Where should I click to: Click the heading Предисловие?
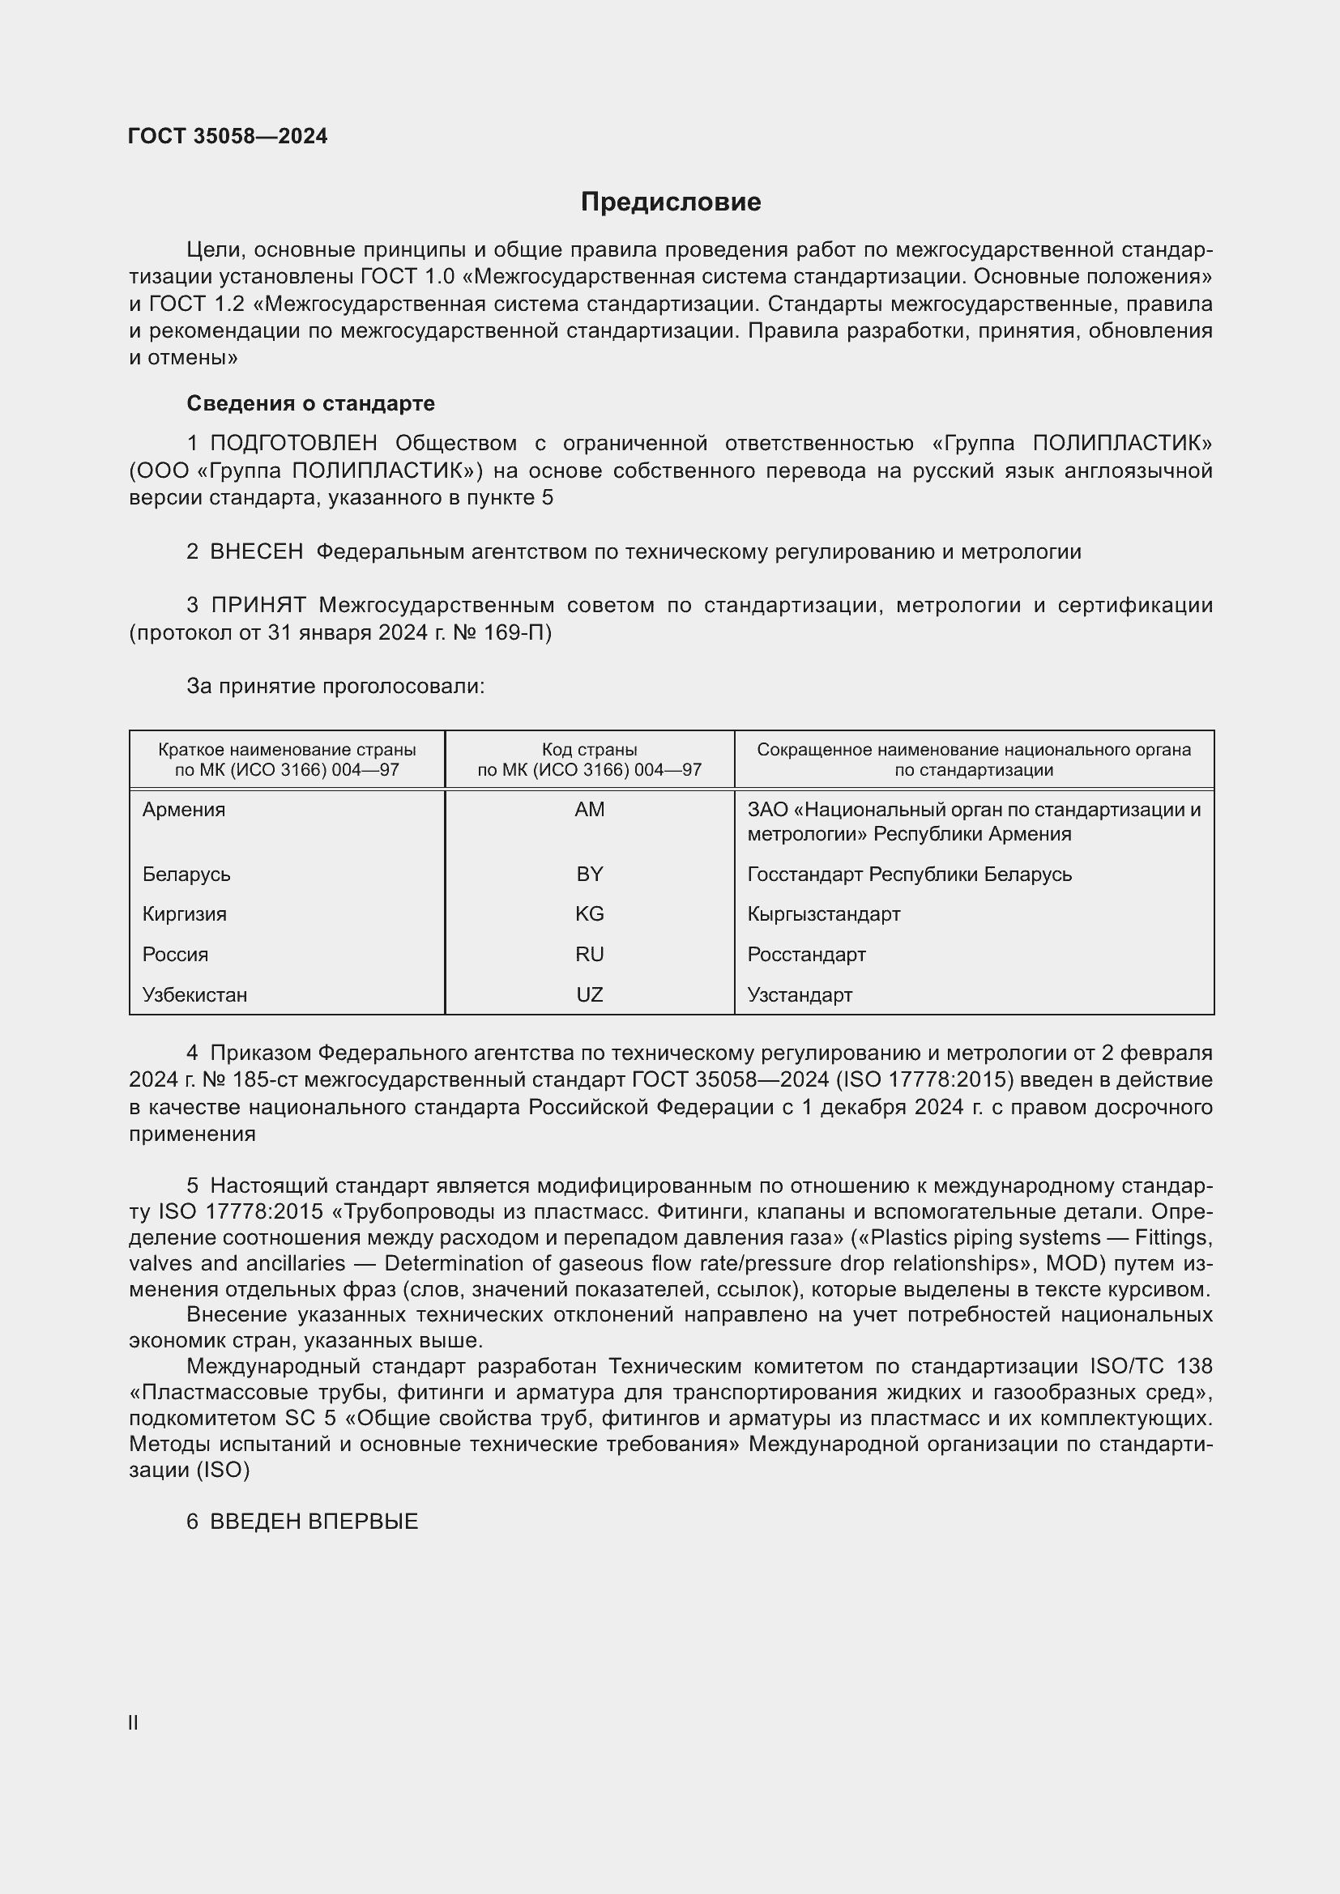670,202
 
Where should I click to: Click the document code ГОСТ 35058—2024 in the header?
228,137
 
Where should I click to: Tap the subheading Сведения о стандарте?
310,403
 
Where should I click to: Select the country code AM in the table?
589,810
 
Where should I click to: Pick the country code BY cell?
589,875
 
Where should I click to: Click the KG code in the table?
589,914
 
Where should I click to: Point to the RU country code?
589,955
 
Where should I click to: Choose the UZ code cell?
589,995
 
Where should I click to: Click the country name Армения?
183,810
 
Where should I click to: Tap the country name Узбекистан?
194,995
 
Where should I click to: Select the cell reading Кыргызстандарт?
823,914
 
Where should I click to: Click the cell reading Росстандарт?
806,955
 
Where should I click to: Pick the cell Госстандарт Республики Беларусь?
909,875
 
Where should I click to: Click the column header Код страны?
589,750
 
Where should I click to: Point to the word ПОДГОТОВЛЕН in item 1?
294,444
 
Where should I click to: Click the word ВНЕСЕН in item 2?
257,552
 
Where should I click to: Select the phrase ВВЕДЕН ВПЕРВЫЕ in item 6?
314,1522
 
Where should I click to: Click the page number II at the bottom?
133,1723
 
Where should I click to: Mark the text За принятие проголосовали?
335,687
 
